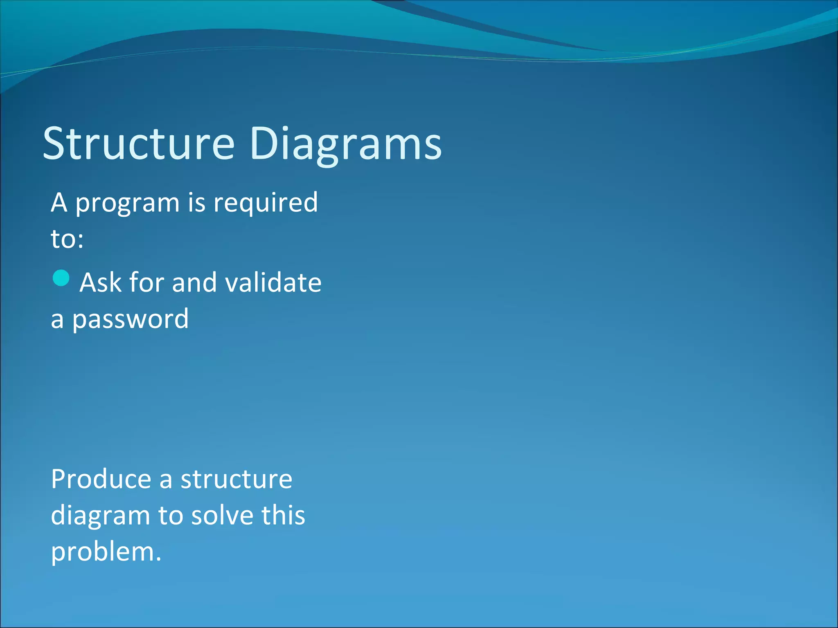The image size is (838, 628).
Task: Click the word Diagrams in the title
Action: pos(345,144)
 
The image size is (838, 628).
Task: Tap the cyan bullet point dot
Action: pos(61,278)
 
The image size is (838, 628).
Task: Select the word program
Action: pos(127,203)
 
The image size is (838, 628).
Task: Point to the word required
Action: pos(266,203)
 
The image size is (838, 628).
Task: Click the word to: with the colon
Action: pos(67,239)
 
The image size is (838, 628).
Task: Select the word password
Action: pos(131,319)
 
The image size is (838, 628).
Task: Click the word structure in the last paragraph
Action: pos(237,479)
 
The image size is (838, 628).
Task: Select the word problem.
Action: pos(106,552)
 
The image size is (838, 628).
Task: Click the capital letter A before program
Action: pos(59,203)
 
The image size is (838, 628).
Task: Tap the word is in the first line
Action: pos(196,203)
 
